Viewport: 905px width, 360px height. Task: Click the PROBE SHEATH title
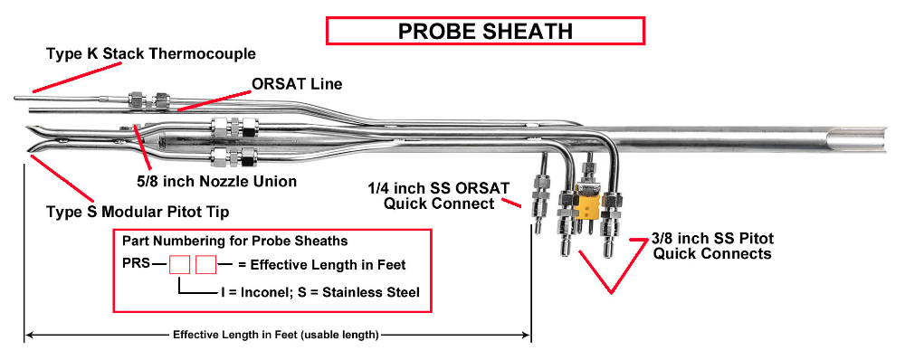[x=485, y=31]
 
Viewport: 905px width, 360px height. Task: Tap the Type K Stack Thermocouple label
[x=150, y=54]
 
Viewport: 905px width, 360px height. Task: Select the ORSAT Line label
[x=297, y=84]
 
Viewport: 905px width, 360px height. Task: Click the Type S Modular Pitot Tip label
[x=138, y=213]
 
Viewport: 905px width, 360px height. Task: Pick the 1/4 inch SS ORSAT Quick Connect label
[x=439, y=195]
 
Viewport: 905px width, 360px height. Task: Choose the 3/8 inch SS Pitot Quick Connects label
[x=711, y=246]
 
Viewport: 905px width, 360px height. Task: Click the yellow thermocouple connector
[x=588, y=203]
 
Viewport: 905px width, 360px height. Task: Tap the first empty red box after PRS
[x=179, y=265]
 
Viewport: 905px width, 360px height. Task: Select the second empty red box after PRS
[x=205, y=265]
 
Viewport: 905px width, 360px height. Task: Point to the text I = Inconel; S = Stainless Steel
[x=319, y=292]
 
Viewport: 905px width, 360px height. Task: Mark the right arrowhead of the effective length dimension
[x=526, y=335]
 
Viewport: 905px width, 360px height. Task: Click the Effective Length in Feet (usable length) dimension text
[x=276, y=335]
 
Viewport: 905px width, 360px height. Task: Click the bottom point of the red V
[x=612, y=292]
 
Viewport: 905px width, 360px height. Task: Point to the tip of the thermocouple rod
[x=16, y=98]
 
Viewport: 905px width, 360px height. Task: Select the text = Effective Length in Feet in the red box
[x=322, y=265]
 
